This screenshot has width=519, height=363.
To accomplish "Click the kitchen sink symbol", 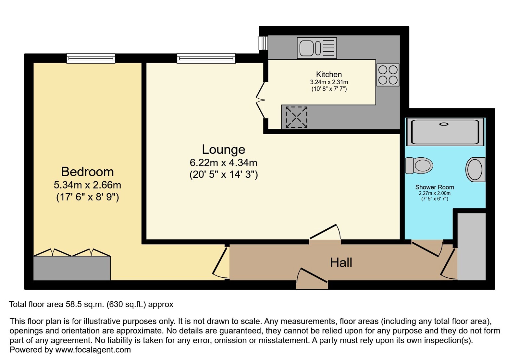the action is [x=317, y=48].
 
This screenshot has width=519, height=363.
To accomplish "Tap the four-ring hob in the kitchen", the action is [x=388, y=75].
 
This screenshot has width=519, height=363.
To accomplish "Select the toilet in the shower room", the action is [x=419, y=165].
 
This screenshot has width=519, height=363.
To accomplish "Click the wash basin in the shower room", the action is [x=475, y=169].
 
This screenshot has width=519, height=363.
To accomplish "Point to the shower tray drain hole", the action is [x=444, y=124].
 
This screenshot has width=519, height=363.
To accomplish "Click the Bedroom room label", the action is [x=87, y=172].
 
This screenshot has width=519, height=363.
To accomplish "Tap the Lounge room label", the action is [x=224, y=149].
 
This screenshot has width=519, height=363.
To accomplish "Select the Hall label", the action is [x=341, y=263].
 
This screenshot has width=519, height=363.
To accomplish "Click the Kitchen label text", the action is [x=329, y=74].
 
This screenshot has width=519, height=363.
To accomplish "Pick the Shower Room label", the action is [x=434, y=187].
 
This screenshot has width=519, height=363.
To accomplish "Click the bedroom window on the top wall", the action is [x=91, y=58].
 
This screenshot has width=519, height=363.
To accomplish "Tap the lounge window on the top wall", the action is [x=206, y=58].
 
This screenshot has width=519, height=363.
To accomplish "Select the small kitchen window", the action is [x=263, y=43].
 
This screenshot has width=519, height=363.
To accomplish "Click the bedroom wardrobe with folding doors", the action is [x=72, y=264].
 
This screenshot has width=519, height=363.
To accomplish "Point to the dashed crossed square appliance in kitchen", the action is [x=296, y=117].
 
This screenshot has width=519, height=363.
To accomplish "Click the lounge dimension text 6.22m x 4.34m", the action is [x=223, y=163].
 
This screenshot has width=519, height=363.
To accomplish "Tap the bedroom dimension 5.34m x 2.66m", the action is [x=87, y=185].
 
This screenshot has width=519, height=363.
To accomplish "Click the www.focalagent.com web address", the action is [x=93, y=350].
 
